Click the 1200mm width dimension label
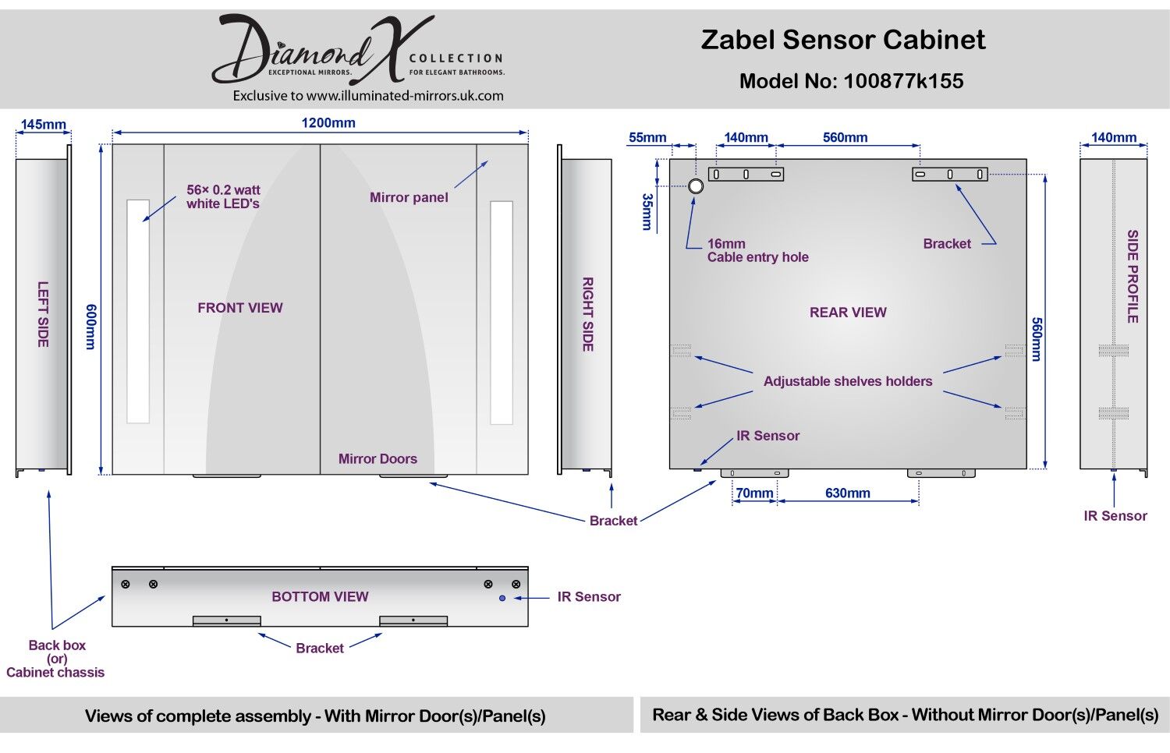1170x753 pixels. click(x=328, y=122)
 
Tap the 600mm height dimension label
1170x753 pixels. click(x=90, y=327)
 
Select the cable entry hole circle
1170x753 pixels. click(x=695, y=186)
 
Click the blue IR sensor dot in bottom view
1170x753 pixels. click(x=502, y=598)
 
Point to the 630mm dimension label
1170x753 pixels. click(x=847, y=493)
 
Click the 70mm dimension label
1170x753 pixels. click(x=754, y=493)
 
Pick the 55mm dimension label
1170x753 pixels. click(x=647, y=137)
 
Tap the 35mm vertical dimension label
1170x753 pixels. click(x=647, y=211)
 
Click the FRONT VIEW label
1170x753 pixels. click(x=239, y=308)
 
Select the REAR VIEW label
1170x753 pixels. click(x=848, y=313)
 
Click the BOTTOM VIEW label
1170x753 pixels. click(x=320, y=596)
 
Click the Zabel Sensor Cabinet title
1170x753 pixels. click(x=843, y=40)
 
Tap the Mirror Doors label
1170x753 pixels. click(x=378, y=459)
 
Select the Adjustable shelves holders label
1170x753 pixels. click(x=848, y=381)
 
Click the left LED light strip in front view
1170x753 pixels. click(x=138, y=311)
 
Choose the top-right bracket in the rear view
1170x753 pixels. click(x=949, y=175)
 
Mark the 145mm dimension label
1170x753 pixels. click(x=43, y=125)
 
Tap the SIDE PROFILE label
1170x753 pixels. click(x=1133, y=276)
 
